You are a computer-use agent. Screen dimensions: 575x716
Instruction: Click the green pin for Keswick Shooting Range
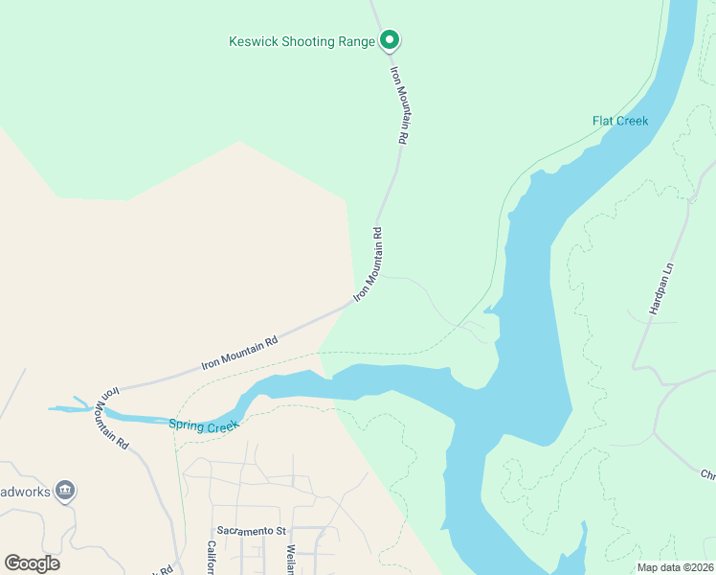(389, 40)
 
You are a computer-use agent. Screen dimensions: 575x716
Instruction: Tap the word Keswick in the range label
(251, 42)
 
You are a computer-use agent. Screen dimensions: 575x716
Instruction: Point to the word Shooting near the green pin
(306, 42)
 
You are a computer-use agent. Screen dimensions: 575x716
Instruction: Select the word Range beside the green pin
(356, 42)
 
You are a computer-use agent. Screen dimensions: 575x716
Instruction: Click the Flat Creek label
(620, 121)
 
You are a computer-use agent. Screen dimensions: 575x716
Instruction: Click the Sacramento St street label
(251, 530)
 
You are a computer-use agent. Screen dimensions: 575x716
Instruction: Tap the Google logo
(32, 563)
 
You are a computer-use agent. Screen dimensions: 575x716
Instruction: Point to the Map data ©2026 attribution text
(675, 567)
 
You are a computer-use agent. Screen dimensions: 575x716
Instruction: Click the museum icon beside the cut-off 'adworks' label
(65, 491)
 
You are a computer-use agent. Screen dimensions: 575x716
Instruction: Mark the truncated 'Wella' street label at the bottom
(290, 560)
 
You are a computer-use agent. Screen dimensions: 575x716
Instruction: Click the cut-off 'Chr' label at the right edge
(707, 474)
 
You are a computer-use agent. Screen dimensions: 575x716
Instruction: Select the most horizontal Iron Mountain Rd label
(239, 353)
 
